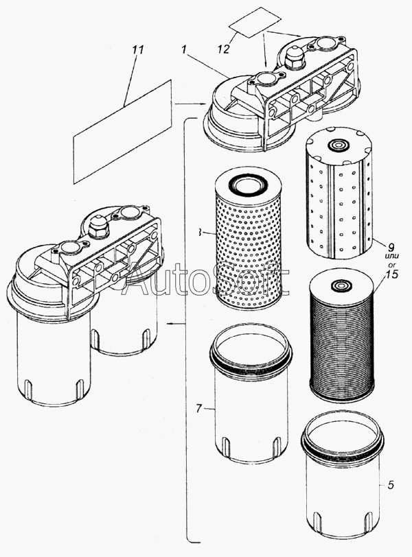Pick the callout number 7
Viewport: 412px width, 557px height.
198,409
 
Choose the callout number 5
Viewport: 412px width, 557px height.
390,486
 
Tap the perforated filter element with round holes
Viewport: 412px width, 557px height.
244,240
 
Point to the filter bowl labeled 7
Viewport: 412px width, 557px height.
250,398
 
